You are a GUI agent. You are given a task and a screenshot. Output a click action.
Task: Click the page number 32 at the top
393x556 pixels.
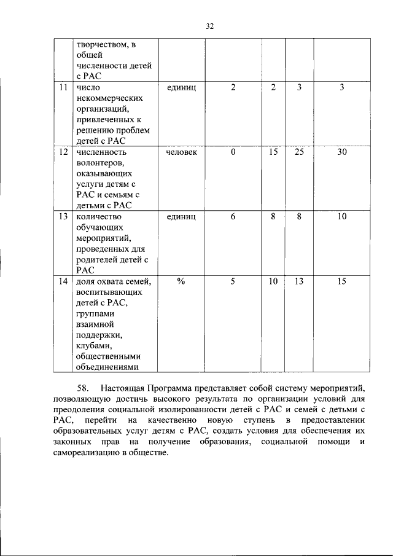tap(209, 26)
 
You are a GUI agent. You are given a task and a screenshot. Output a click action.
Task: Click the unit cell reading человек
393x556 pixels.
tap(182, 152)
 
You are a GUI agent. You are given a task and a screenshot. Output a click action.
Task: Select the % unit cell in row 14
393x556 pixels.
tap(182, 281)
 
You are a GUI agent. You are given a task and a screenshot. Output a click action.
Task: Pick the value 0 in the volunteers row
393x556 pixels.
tap(233, 152)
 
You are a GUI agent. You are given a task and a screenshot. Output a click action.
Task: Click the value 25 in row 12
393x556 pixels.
tap(299, 152)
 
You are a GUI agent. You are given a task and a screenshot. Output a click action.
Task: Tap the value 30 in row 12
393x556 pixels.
tap(342, 152)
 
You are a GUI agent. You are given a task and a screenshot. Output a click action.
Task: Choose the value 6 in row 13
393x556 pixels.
tap(233, 216)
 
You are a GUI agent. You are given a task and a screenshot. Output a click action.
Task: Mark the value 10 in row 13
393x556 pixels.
tap(342, 216)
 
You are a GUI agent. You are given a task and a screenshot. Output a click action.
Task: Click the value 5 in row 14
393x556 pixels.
tap(233, 281)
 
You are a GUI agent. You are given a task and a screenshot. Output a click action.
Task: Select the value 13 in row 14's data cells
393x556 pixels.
tap(299, 281)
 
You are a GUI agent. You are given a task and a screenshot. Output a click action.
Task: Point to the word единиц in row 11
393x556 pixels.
tap(182, 87)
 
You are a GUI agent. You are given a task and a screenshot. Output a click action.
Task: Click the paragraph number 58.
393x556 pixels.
tap(84, 388)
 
